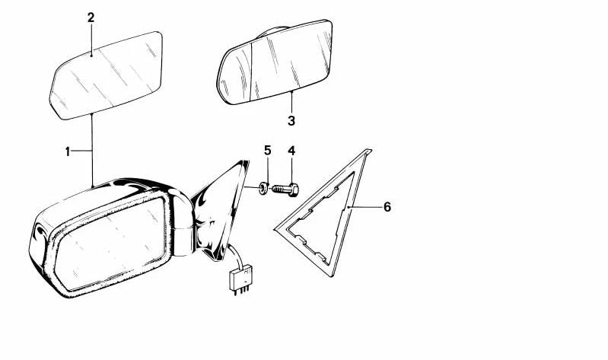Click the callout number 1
(68, 151)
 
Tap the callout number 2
(91, 18)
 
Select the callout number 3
(291, 121)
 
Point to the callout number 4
(291, 151)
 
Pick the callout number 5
(268, 150)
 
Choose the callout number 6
(387, 207)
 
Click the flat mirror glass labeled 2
(107, 75)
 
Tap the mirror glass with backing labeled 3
(275, 62)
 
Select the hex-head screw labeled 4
(285, 190)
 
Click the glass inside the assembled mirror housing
(110, 244)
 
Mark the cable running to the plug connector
(236, 256)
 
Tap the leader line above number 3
(291, 103)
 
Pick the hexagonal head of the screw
(293, 190)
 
